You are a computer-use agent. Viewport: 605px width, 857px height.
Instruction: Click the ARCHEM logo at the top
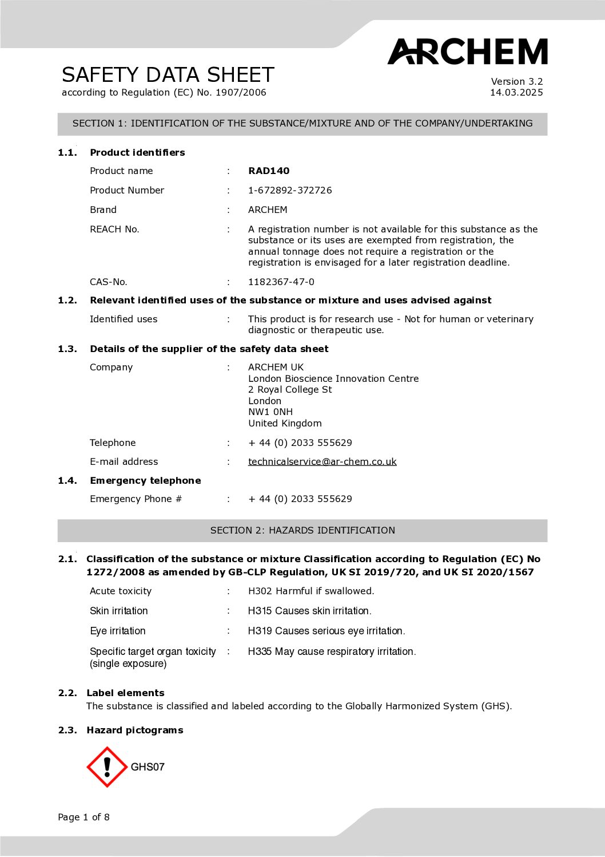467,52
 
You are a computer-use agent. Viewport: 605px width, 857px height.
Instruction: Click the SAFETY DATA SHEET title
168,75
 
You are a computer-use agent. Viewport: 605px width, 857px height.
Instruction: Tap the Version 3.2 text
516,81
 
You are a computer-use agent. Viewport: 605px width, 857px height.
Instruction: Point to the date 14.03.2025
516,92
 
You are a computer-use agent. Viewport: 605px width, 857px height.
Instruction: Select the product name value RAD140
269,171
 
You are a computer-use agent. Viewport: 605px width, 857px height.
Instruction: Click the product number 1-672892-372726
290,190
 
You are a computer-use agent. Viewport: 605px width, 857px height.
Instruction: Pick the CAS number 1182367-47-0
281,282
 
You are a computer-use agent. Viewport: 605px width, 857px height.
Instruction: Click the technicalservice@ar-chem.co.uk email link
322,461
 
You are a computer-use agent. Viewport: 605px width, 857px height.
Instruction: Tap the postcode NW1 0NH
270,412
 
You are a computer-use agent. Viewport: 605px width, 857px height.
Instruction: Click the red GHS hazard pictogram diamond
107,767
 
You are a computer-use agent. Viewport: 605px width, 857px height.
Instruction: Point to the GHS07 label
148,767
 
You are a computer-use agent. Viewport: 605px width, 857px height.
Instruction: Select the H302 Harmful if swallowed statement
311,591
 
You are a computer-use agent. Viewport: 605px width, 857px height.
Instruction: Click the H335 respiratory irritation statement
332,651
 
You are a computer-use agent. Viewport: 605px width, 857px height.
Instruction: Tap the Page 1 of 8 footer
83,817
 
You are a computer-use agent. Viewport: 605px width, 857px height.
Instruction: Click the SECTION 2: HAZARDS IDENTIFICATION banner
302,530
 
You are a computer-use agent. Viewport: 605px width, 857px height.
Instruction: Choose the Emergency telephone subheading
145,480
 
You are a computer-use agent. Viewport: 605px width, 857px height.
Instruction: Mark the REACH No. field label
114,229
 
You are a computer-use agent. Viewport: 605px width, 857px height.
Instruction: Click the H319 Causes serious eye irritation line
326,631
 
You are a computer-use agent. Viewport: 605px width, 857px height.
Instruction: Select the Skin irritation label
119,611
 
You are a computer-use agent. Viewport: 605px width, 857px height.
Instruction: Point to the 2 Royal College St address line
290,389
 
